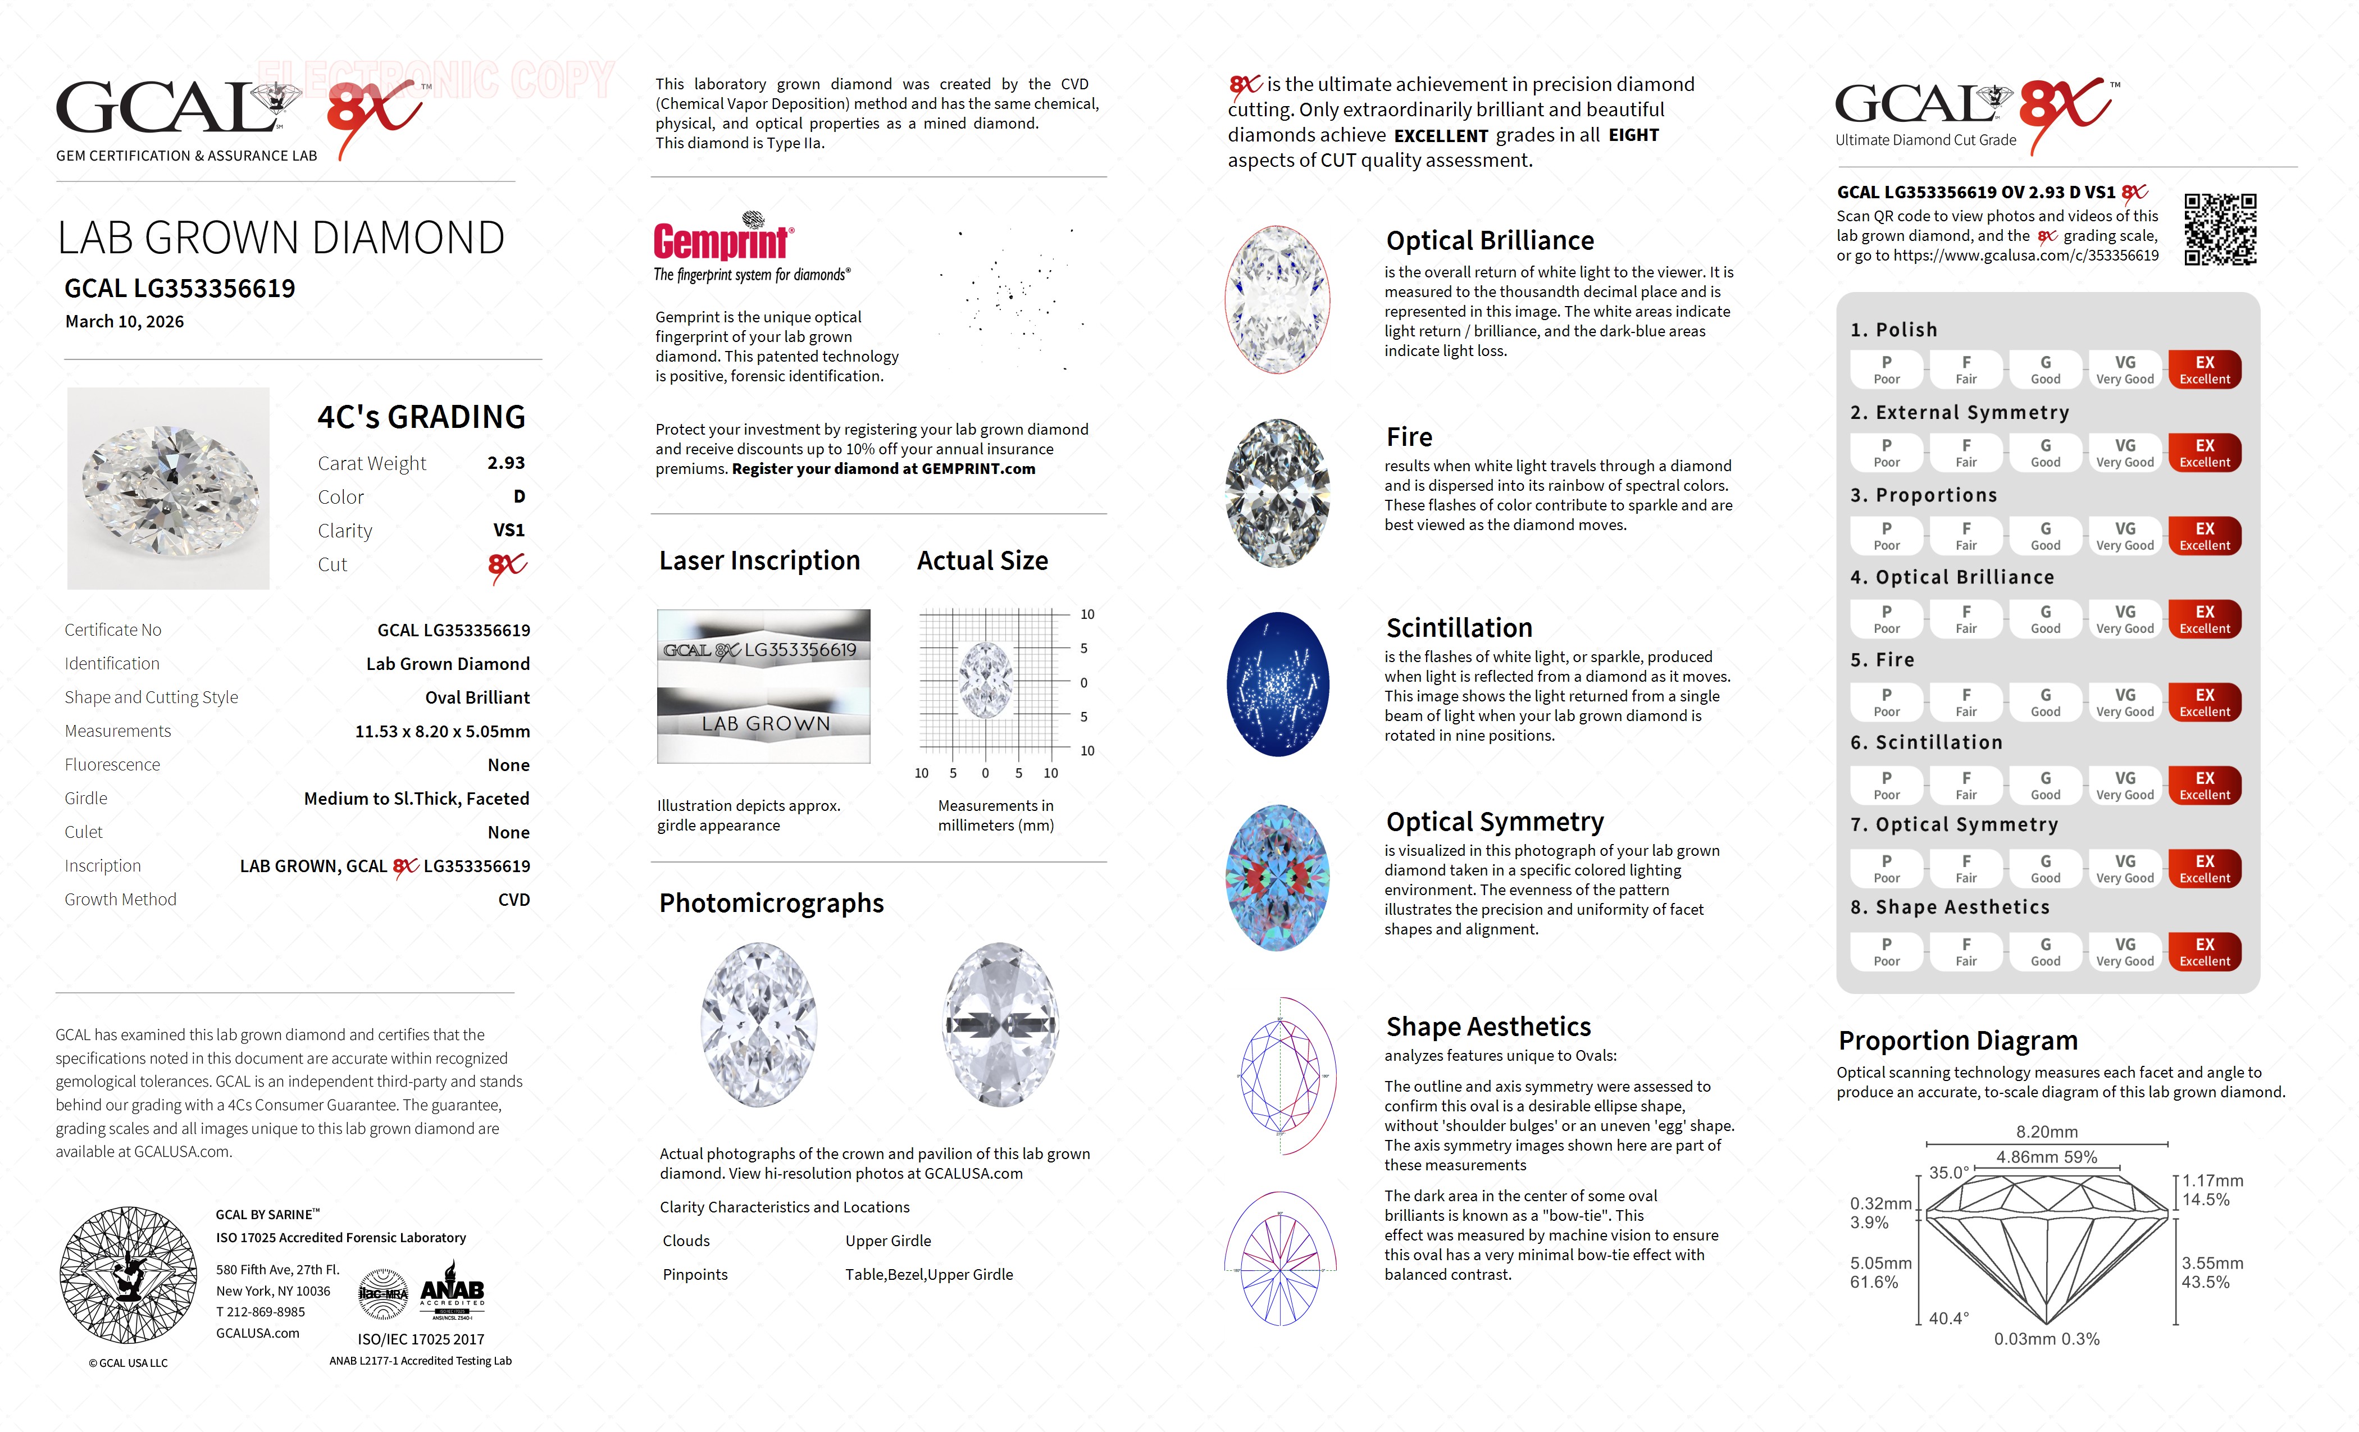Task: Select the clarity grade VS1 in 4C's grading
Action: point(508,530)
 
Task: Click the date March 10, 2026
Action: point(125,322)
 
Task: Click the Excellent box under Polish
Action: point(2204,370)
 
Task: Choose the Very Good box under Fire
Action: point(2124,703)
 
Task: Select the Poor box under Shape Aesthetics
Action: point(1886,951)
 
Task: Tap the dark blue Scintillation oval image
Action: point(1278,683)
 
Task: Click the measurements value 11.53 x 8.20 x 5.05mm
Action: point(443,731)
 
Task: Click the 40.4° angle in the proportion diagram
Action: point(1948,1318)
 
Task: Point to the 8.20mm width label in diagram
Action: point(2046,1132)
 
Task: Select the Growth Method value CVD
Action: point(513,900)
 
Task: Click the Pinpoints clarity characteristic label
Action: point(695,1274)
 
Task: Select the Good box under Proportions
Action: point(2045,536)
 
